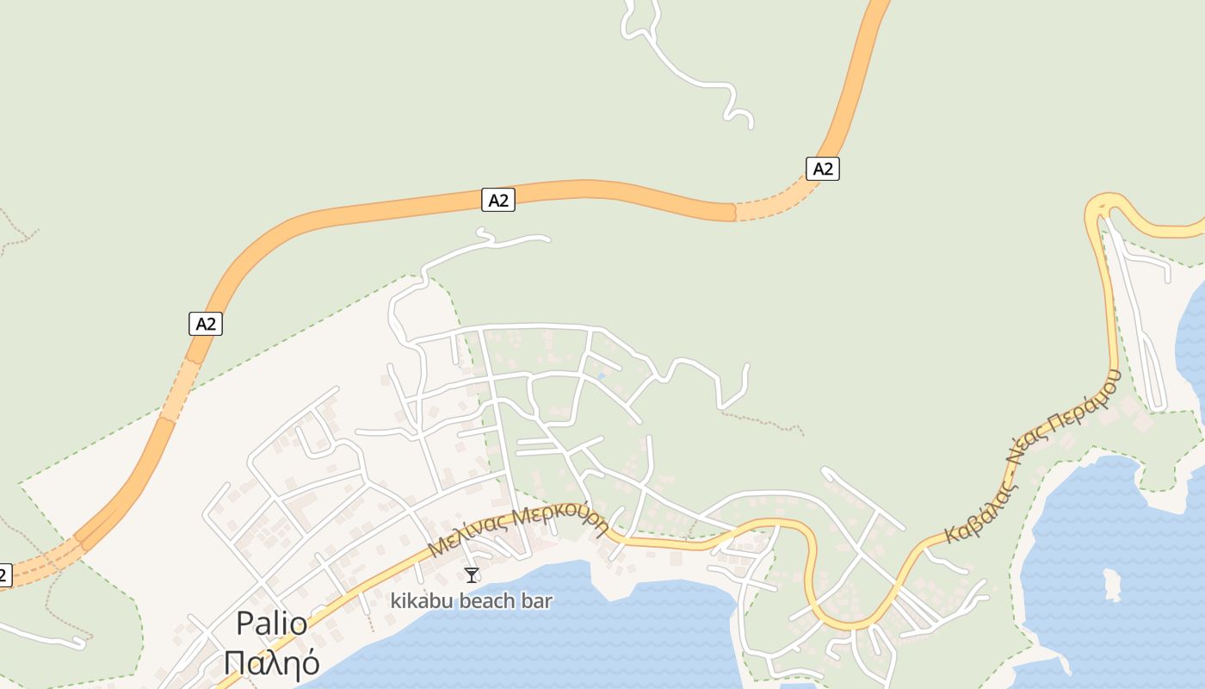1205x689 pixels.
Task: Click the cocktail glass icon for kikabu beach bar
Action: tap(471, 574)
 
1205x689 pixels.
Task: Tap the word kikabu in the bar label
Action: tap(420, 601)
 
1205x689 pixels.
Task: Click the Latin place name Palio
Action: tap(271, 624)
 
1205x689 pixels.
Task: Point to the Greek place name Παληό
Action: tap(271, 663)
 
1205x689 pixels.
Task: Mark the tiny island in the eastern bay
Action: tap(1113, 586)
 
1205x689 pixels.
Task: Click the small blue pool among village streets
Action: tap(601, 376)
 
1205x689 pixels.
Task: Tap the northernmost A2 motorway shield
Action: tap(823, 169)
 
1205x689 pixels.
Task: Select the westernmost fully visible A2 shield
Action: tap(205, 324)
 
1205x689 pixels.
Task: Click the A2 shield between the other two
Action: tap(497, 201)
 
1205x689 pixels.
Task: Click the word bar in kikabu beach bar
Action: tap(537, 601)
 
